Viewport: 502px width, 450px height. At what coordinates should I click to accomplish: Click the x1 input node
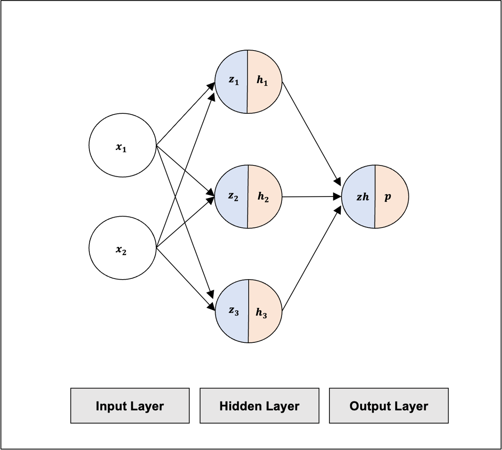pos(123,145)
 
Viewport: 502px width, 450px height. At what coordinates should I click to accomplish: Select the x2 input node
pos(123,248)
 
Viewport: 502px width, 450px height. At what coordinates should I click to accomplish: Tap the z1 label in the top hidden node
pos(234,80)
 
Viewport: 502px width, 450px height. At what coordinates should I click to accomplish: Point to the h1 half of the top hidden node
pos(264,82)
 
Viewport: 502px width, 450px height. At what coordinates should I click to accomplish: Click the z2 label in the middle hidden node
pos(233,196)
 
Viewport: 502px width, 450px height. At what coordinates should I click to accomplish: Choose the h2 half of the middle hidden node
pos(265,196)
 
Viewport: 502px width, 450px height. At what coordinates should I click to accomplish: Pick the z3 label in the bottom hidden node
pos(234,311)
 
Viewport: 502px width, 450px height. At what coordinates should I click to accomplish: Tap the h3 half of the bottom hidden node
pos(265,311)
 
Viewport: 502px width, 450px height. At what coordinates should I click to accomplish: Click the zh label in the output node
pos(363,197)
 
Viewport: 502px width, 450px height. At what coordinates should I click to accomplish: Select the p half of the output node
pos(392,196)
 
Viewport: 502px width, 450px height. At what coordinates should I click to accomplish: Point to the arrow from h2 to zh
pos(312,197)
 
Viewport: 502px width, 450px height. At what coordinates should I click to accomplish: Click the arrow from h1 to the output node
pos(312,133)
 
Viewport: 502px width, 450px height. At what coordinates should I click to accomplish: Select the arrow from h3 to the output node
pos(312,259)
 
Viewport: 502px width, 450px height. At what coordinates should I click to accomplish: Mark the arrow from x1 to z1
pos(186,114)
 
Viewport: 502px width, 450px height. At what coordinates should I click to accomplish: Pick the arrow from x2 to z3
pos(186,279)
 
